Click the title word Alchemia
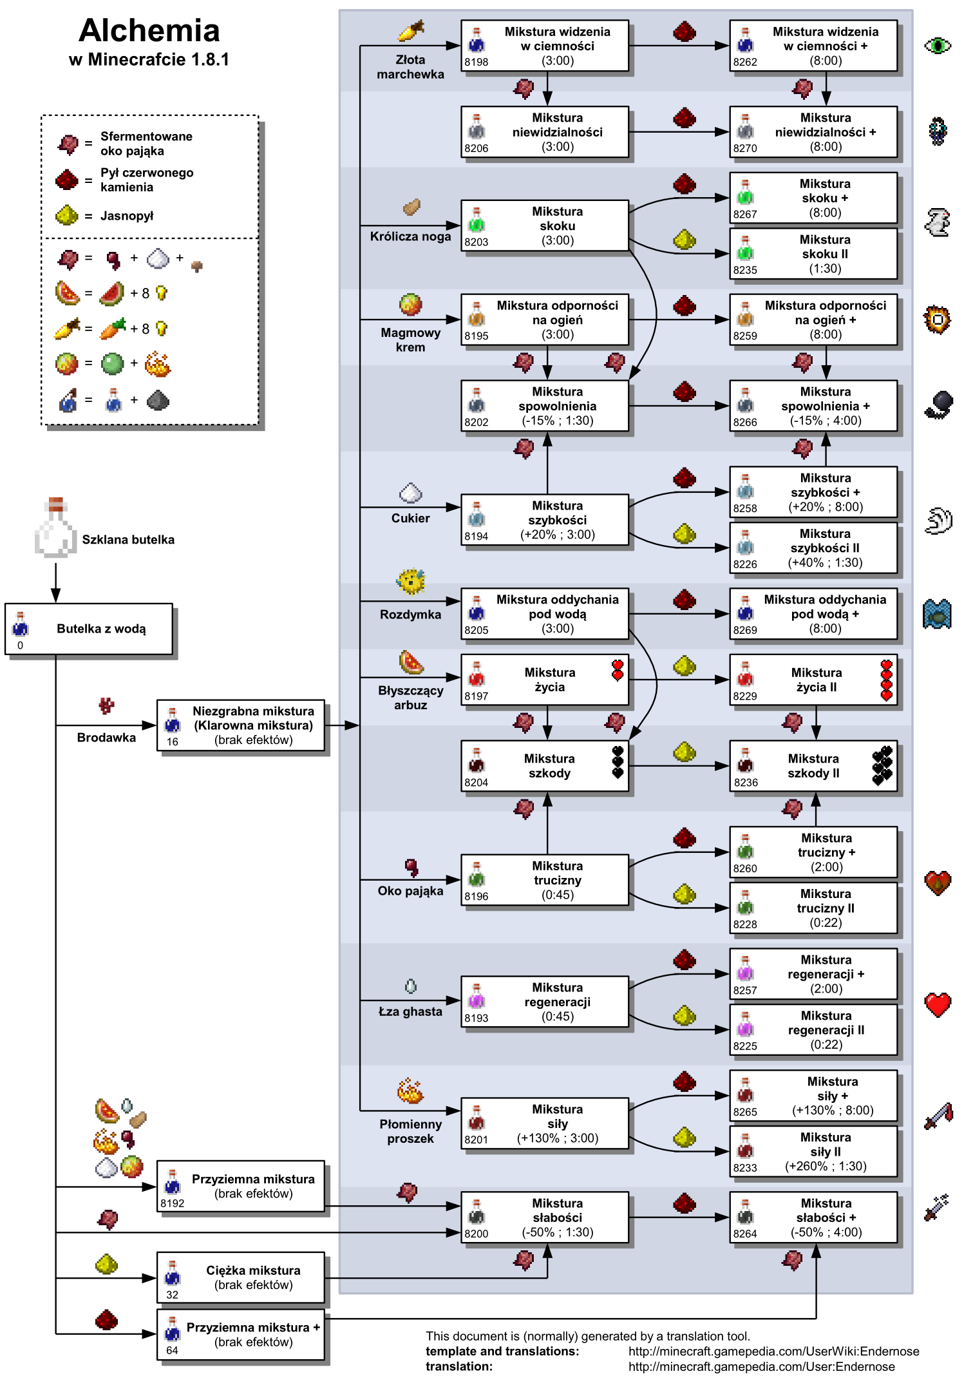(x=149, y=30)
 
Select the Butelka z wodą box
(x=89, y=629)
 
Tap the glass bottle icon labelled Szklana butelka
(x=55, y=528)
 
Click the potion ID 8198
(x=476, y=62)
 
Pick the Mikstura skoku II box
(x=813, y=254)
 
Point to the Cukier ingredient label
(x=410, y=518)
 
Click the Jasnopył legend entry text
(x=127, y=216)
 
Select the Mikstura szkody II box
(x=813, y=766)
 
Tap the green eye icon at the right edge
(x=937, y=46)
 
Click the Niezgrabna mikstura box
(x=241, y=725)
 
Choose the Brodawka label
(x=106, y=738)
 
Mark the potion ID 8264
(x=744, y=1234)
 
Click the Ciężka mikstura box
(x=241, y=1277)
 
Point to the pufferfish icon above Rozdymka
(x=410, y=582)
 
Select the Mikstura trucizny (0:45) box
(x=544, y=880)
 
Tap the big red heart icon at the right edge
(x=938, y=1004)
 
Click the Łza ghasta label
(x=410, y=1011)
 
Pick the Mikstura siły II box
(x=813, y=1152)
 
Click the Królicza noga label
(x=410, y=236)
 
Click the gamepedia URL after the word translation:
(x=761, y=1366)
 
